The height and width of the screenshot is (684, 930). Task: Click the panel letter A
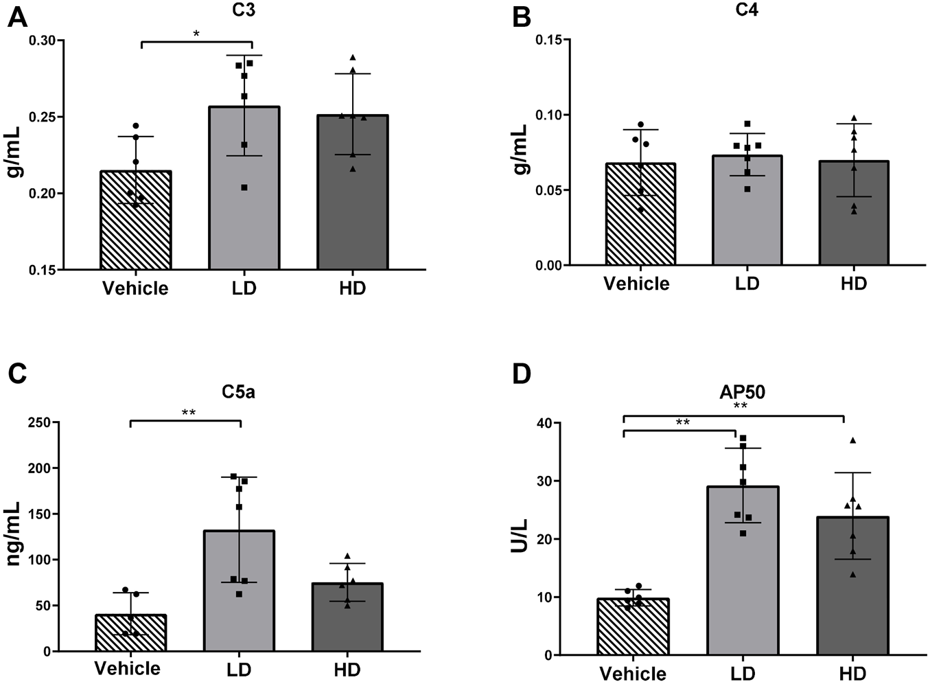tap(17, 16)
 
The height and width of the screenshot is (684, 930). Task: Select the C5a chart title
tap(237, 391)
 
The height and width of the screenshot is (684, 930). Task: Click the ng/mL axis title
tap(13, 536)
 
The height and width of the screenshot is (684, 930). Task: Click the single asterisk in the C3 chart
tap(196, 34)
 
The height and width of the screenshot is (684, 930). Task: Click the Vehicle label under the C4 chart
tap(636, 284)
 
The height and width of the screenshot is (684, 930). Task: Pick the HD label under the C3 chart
tap(352, 288)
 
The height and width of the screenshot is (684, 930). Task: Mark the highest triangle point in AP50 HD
tap(852, 440)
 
